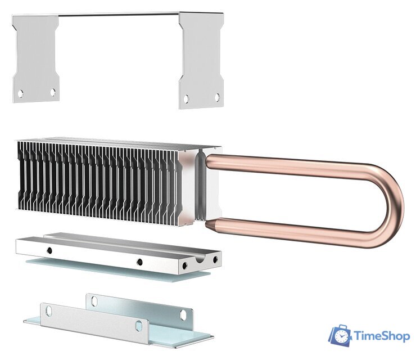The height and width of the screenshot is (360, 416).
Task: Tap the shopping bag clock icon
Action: pos(340,335)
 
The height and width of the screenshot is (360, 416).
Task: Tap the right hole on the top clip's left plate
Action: pos(52,91)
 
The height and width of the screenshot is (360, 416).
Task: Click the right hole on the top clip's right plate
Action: pos(217,97)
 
